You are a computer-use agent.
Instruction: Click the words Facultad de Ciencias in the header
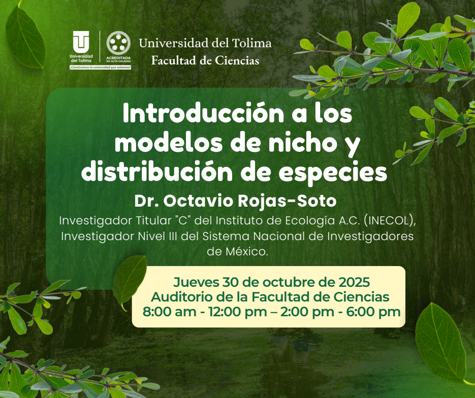tap(205, 60)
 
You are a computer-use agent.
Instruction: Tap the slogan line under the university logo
tap(101, 67)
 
